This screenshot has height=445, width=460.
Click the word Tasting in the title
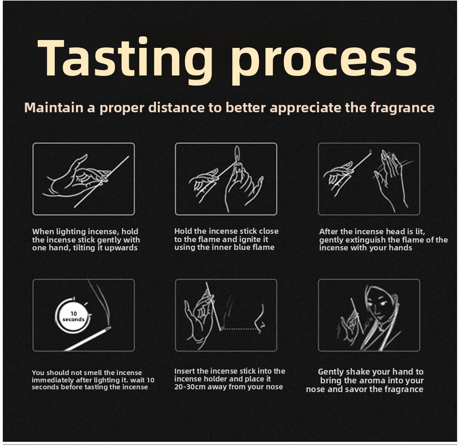pyautogui.click(x=125, y=59)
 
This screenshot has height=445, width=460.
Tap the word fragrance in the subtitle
pyautogui.click(x=402, y=108)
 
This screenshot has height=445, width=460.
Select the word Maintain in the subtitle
pyautogui.click(x=54, y=107)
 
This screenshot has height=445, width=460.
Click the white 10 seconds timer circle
pyautogui.click(x=73, y=316)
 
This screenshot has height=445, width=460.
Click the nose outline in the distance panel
pyautogui.click(x=259, y=318)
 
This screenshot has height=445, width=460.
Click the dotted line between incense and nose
pyautogui.click(x=240, y=329)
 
